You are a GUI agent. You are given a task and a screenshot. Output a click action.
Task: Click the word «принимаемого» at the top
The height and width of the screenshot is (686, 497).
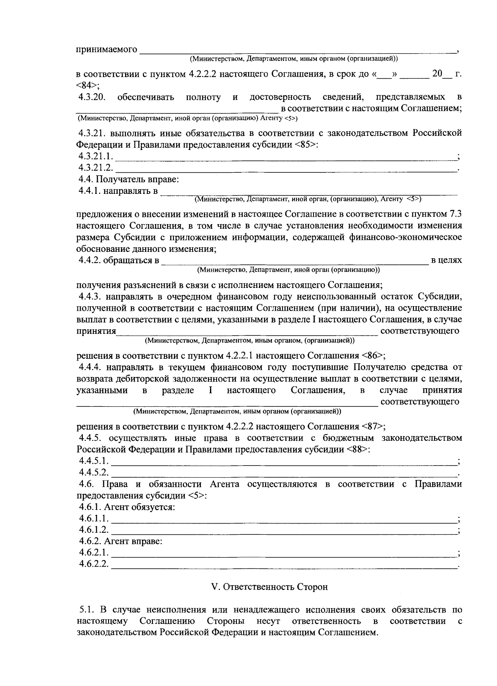click(107, 50)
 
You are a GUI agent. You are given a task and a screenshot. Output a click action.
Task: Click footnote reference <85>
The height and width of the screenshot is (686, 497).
click(306, 145)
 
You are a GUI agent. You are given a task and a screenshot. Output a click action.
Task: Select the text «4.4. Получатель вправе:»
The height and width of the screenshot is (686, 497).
click(129, 180)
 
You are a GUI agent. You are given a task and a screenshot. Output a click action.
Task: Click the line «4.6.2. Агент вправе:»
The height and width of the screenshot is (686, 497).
click(121, 541)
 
